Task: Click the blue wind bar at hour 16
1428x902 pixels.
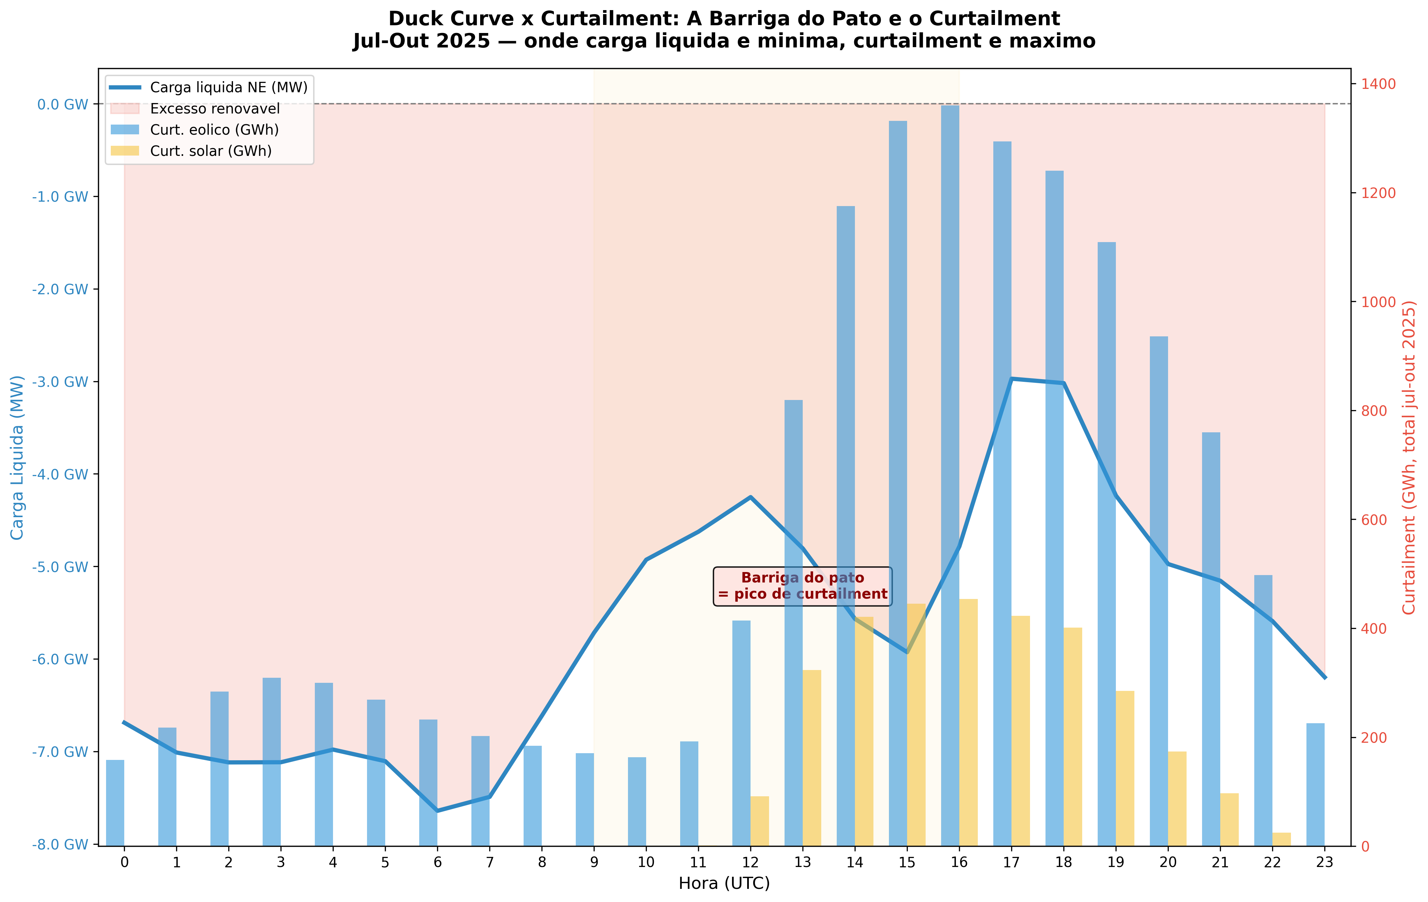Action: pos(950,474)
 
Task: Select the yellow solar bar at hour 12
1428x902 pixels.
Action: pos(760,821)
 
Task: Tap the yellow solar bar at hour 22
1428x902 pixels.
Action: pos(1282,839)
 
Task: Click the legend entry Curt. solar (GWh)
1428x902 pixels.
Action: pos(210,151)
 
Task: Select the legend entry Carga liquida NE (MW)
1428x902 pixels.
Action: pos(228,88)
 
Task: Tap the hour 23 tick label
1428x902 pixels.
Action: pos(1324,862)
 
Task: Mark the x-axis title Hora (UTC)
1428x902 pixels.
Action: pos(724,883)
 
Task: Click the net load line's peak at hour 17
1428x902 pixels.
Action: pos(1011,378)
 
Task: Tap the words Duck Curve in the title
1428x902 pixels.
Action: pos(451,19)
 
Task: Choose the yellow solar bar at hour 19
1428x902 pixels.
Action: pos(1125,768)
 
